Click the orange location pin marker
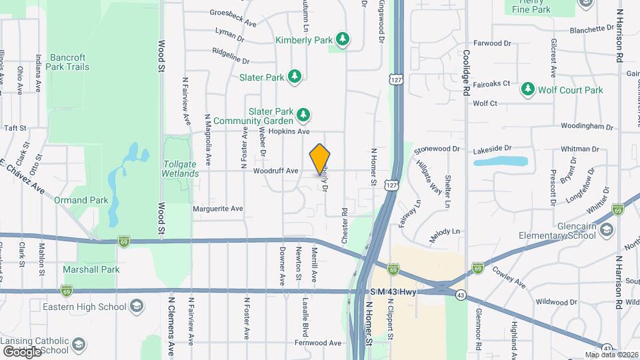(320, 159)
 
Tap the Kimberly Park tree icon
(343, 39)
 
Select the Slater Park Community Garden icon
(303, 116)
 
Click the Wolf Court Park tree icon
(529, 89)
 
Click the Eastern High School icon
(136, 307)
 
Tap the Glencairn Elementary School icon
(607, 231)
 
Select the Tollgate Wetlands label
(180, 169)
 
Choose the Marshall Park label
(91, 269)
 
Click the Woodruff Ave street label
(275, 171)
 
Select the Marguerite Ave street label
(217, 209)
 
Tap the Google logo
(22, 351)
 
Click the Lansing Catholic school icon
(79, 344)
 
